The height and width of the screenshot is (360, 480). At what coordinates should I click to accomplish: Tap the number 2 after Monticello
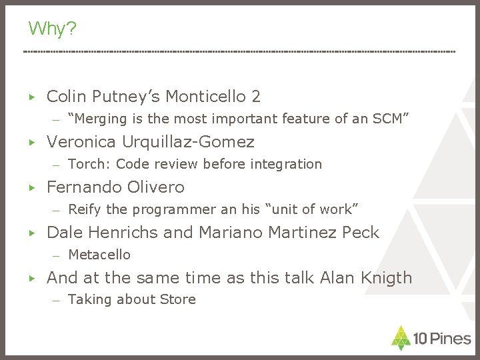click(256, 97)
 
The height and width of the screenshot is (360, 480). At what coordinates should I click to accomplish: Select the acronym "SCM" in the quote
click(387, 119)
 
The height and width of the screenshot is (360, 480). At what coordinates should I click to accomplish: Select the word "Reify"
click(85, 209)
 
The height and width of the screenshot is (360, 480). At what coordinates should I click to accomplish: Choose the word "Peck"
click(361, 233)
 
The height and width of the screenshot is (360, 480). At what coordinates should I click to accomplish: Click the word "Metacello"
click(99, 255)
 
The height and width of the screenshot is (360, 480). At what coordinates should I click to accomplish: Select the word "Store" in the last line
click(178, 300)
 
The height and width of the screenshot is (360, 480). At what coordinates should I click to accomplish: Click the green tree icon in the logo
click(401, 338)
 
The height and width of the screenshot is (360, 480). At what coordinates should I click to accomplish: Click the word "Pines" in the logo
click(449, 339)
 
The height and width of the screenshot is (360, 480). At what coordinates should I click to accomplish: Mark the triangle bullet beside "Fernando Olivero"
click(31, 188)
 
